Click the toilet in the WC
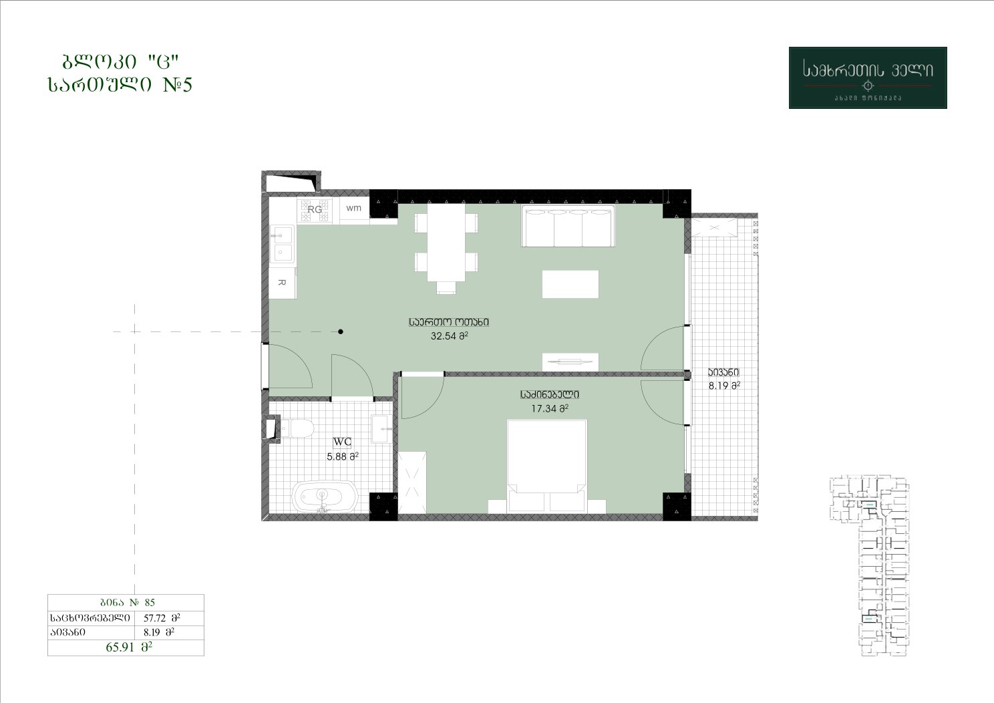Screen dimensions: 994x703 (297, 429)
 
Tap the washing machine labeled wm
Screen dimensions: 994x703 (354, 208)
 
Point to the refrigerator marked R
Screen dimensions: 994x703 (282, 283)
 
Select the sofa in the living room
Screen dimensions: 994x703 (568, 226)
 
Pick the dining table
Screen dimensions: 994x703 (446, 243)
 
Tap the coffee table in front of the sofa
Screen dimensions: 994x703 (570, 284)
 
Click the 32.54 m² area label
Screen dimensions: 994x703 (449, 336)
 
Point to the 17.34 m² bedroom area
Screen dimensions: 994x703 (550, 408)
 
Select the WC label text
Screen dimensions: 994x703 (342, 442)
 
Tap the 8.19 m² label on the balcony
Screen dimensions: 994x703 (724, 386)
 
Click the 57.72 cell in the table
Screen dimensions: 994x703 (162, 617)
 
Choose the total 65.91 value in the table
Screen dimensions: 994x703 (129, 647)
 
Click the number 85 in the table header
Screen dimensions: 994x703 (150, 602)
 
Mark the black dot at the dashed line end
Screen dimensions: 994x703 (341, 331)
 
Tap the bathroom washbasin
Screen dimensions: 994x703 (381, 429)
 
